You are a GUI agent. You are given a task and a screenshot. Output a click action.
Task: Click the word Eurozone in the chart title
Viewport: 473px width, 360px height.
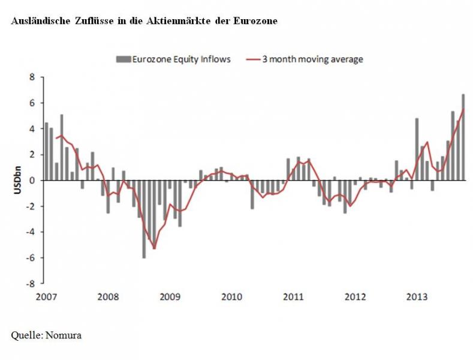click(x=258, y=21)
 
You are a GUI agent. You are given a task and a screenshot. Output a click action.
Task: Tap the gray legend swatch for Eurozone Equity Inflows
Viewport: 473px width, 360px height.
click(x=123, y=59)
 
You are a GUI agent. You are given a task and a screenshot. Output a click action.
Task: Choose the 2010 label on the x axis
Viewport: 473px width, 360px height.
click(x=231, y=296)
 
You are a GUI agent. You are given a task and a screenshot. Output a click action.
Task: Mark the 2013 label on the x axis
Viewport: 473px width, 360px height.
click(x=417, y=296)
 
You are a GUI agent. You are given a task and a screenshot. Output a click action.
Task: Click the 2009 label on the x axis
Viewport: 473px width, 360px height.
click(x=170, y=296)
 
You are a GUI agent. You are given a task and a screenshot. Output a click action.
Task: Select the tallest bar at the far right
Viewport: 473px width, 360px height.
click(x=463, y=137)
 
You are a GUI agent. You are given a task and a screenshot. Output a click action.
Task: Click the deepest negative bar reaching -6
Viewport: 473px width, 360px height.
click(x=144, y=219)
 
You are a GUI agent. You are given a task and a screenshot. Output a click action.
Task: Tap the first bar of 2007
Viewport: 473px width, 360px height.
click(x=46, y=151)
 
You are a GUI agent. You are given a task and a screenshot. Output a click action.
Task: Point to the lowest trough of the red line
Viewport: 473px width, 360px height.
click(x=154, y=248)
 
